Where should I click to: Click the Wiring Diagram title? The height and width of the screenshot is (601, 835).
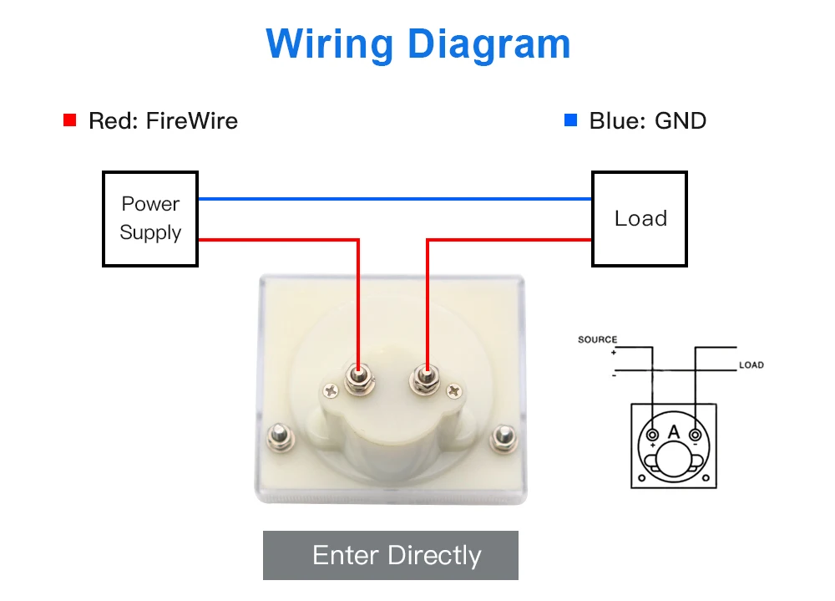(x=417, y=43)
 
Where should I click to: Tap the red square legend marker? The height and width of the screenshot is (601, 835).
(x=70, y=120)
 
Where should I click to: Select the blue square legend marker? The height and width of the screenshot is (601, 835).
(x=571, y=120)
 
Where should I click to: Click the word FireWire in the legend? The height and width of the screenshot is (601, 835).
(x=191, y=120)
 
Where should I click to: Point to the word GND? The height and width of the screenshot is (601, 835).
(x=681, y=120)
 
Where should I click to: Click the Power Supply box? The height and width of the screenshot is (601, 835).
(x=150, y=219)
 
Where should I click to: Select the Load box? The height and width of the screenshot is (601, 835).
(x=640, y=219)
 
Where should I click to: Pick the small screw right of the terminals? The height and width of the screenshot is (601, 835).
(x=453, y=390)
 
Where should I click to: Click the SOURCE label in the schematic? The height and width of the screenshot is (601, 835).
(x=597, y=339)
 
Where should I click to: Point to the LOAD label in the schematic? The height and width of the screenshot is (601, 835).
(x=751, y=365)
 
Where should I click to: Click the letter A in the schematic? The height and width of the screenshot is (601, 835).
(x=674, y=432)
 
